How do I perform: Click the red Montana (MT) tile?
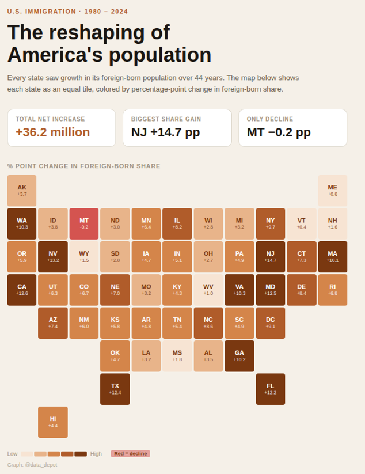(x=84, y=223)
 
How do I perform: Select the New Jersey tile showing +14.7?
(x=271, y=256)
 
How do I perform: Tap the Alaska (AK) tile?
(x=22, y=191)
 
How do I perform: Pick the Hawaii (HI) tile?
(x=53, y=422)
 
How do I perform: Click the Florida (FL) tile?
(x=271, y=389)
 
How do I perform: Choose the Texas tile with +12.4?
(x=115, y=389)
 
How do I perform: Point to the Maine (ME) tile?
(x=333, y=191)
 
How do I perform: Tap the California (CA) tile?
(x=22, y=290)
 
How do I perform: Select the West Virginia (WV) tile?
(x=208, y=290)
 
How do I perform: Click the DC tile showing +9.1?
(x=271, y=323)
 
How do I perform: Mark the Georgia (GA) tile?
(x=239, y=356)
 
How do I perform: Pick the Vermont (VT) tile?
(x=302, y=223)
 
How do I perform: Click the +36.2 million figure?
(x=52, y=132)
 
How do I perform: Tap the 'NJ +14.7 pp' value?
(x=165, y=132)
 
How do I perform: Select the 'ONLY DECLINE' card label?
(x=270, y=119)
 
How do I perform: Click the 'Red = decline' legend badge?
(x=130, y=454)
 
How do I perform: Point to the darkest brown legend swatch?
(x=81, y=454)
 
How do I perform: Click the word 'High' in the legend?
(x=96, y=454)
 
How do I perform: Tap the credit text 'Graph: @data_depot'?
(x=32, y=464)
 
